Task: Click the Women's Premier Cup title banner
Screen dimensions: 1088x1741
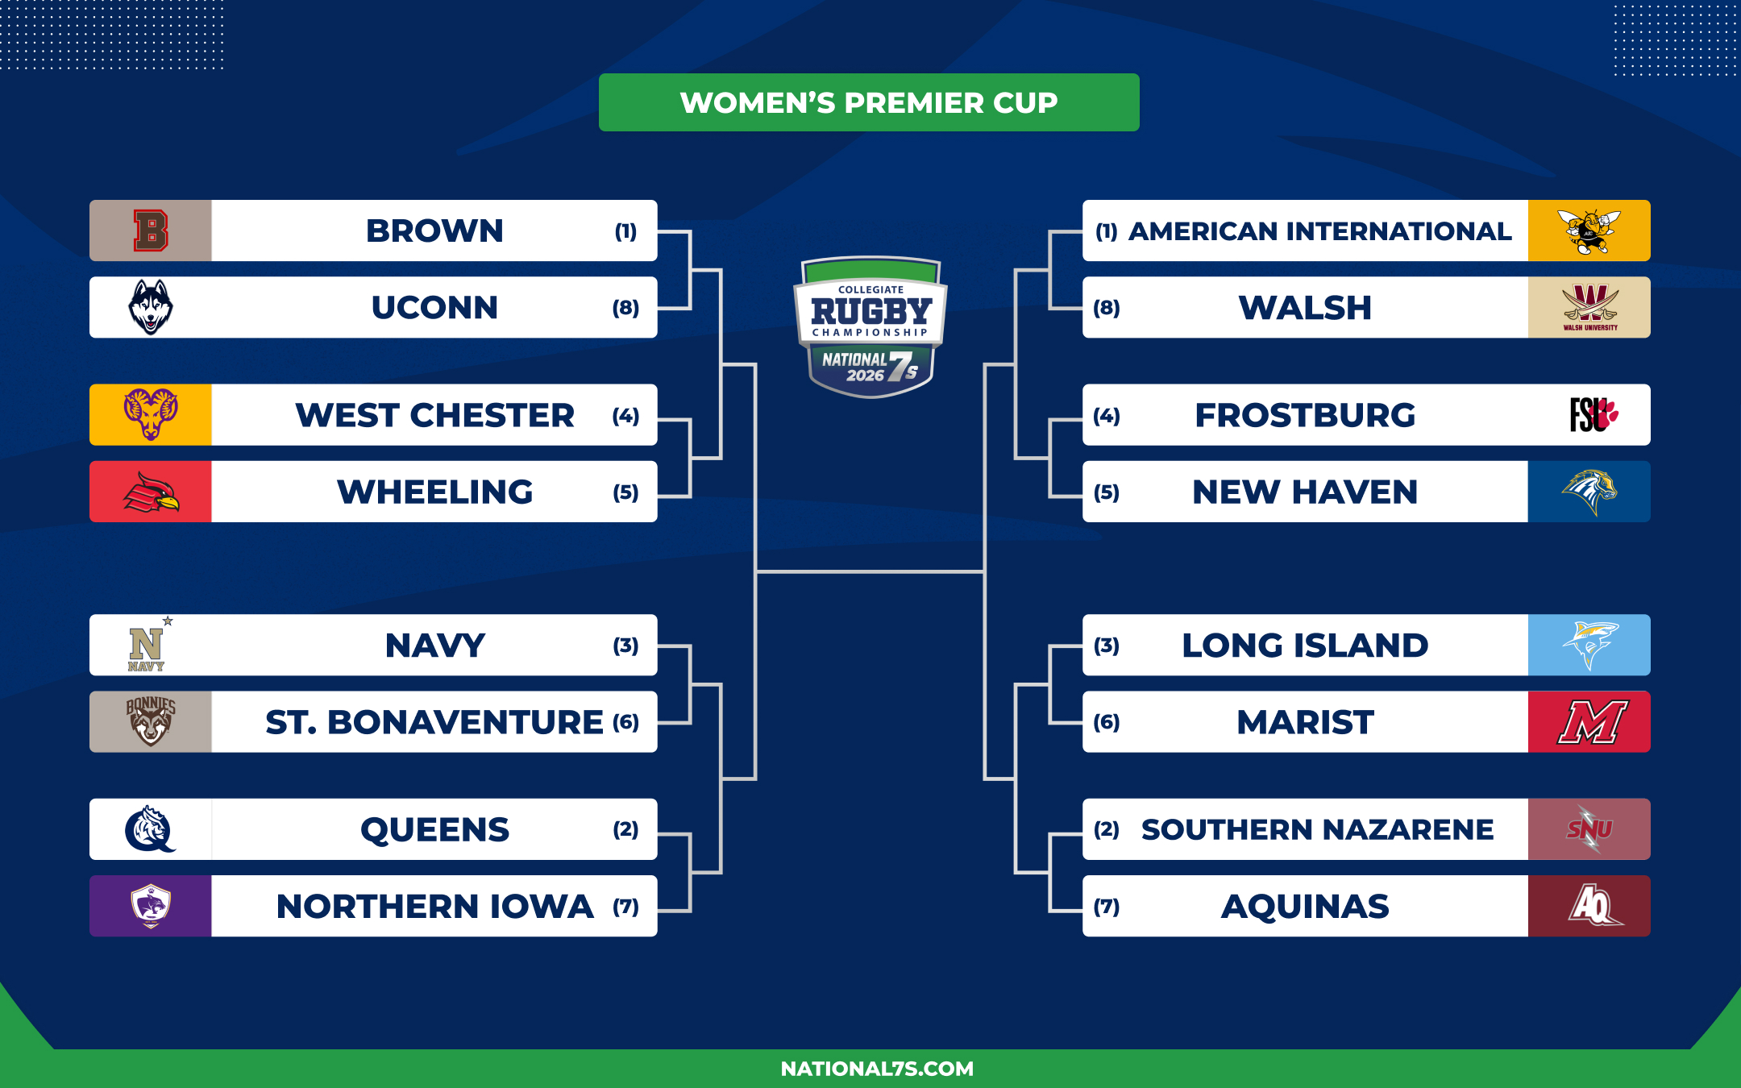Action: (869, 102)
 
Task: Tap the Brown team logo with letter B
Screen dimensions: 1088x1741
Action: (151, 230)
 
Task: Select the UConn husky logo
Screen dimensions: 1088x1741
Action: (151, 307)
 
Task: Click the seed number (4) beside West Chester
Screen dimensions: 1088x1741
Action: (625, 416)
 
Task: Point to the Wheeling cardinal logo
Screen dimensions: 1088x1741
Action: (151, 492)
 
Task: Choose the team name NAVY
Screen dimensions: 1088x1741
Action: (435, 646)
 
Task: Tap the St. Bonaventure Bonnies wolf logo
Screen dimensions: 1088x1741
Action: (151, 721)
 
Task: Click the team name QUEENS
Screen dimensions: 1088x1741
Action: (435, 829)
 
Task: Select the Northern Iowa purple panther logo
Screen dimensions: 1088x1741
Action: (151, 906)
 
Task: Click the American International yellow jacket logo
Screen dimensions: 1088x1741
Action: (1589, 231)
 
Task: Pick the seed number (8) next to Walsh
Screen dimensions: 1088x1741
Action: (1107, 308)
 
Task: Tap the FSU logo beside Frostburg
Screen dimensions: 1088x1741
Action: (1593, 415)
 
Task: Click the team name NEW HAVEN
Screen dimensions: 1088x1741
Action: (1305, 492)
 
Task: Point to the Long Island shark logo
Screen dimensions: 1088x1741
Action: (1589, 645)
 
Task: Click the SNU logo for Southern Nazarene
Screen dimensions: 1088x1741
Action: (1589, 829)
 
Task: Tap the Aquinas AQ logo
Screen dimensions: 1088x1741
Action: (1593, 906)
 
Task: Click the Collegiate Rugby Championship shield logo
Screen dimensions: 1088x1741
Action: (870, 326)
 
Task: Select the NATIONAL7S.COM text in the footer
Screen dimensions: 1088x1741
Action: (877, 1069)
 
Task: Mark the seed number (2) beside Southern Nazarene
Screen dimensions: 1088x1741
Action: (1107, 829)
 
